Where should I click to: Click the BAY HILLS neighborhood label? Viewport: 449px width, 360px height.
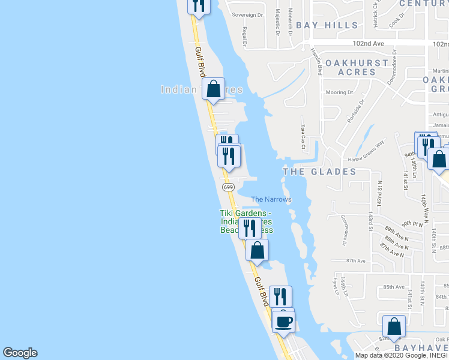coord(327,25)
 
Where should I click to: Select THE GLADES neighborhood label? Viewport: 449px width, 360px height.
coord(319,172)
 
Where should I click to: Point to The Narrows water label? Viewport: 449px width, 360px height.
coord(271,199)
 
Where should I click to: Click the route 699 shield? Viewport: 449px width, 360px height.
coord(228,187)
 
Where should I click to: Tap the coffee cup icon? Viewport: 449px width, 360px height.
coord(283,320)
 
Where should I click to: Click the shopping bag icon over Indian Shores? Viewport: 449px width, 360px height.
coord(213,89)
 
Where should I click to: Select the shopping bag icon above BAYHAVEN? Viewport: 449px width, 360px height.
coord(394,327)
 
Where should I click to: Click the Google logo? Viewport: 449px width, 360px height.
coord(20,353)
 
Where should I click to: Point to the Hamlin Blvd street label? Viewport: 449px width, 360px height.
coord(316,61)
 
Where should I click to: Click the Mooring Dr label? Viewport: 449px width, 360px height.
coord(340,92)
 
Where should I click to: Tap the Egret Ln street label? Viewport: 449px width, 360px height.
coord(335,285)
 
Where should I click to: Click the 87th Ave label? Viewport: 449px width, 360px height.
coord(356,261)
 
